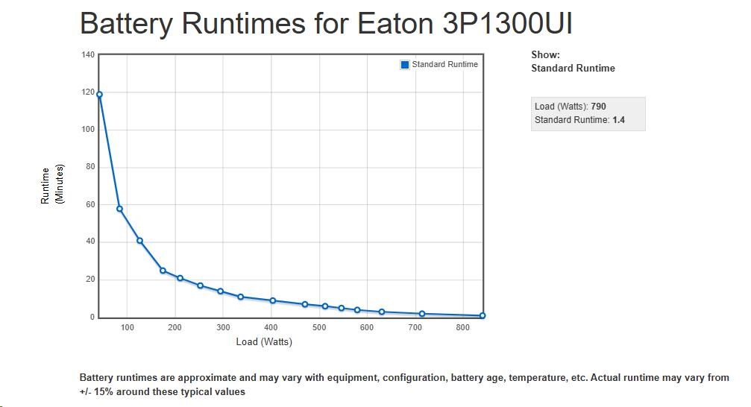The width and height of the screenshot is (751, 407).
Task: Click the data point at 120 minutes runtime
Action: point(99,95)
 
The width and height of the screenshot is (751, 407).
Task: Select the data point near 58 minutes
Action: point(119,209)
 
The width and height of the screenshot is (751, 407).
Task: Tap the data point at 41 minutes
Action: point(139,241)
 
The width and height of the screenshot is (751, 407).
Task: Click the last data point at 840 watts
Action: point(483,315)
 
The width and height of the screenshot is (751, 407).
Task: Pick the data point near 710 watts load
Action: point(422,314)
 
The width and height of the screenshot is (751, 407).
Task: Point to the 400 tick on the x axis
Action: point(271,327)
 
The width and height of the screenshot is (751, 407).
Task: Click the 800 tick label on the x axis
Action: point(463,327)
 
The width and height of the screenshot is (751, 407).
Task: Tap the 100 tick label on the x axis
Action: point(128,327)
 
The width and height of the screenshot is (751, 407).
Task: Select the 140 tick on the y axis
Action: point(88,54)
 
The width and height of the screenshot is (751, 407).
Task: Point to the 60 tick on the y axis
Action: point(90,204)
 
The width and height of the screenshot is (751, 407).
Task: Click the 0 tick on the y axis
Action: point(92,317)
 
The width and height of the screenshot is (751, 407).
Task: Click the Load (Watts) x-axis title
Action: point(264,342)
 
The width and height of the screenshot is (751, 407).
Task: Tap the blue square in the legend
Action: point(405,65)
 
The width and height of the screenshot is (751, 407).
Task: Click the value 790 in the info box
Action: point(598,107)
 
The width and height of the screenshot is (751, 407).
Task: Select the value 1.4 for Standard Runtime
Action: point(618,119)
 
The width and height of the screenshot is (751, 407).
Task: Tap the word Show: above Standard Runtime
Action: point(545,54)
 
